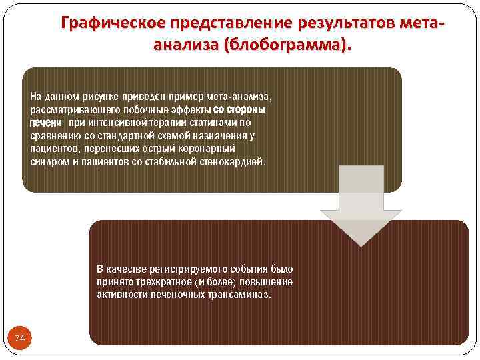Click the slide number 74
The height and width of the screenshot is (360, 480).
20,339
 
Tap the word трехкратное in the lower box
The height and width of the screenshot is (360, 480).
154,282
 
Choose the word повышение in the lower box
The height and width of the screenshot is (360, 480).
266,282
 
